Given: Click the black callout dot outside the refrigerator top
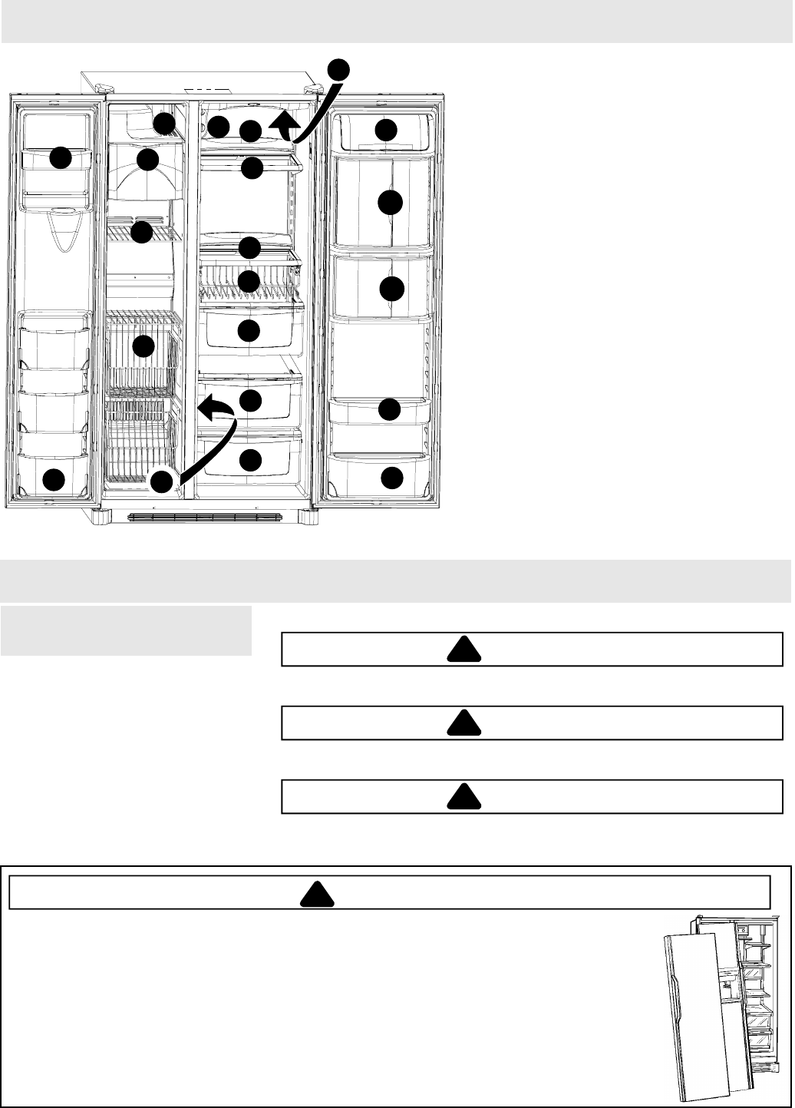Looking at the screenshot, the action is coord(338,68).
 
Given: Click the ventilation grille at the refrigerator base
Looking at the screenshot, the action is coord(207,517).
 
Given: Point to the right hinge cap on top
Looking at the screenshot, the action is coord(312,89).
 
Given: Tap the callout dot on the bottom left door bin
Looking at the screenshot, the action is coord(53,480).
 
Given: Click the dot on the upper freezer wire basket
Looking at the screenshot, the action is coord(143,347).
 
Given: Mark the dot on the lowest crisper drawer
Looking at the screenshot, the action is coord(249,460).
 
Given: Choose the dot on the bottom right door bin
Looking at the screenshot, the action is coord(391,477).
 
